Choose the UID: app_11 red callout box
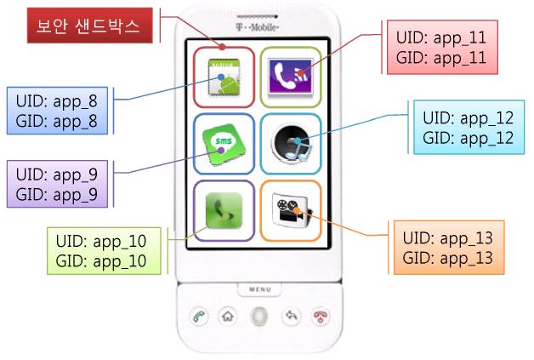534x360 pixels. click(x=440, y=49)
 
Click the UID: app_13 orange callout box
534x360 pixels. click(x=447, y=248)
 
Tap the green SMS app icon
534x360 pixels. click(x=223, y=145)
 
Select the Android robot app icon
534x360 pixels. click(x=223, y=77)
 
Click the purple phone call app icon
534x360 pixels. click(x=290, y=77)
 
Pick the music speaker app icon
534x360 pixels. click(x=291, y=145)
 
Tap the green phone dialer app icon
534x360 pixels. click(x=223, y=211)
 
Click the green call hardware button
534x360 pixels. click(x=197, y=317)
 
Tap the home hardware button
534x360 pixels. click(x=227, y=317)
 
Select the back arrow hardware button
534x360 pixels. click(x=292, y=317)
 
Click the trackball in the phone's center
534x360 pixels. click(x=259, y=317)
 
